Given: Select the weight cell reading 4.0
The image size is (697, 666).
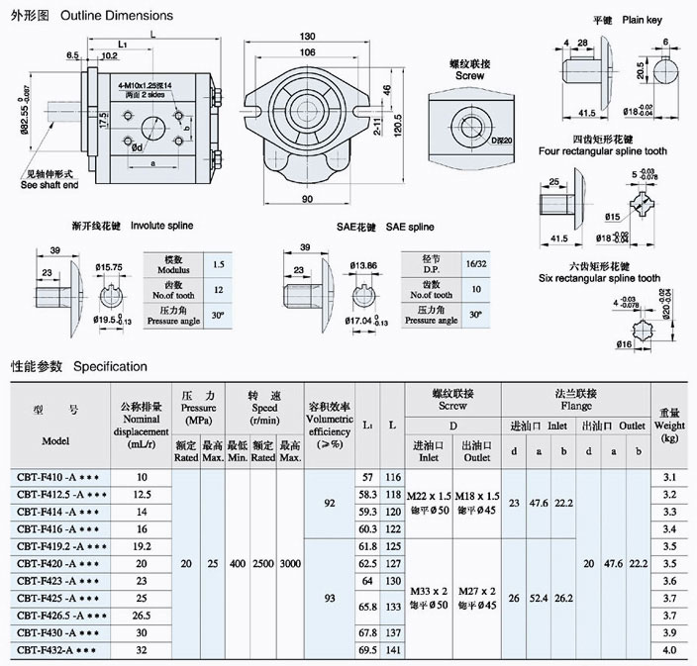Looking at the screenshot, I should (669, 649).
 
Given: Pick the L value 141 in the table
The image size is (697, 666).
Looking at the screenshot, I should (393, 649).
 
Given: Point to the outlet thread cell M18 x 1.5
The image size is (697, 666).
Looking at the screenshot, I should (476, 495).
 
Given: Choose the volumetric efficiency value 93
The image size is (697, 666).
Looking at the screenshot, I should (330, 597).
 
